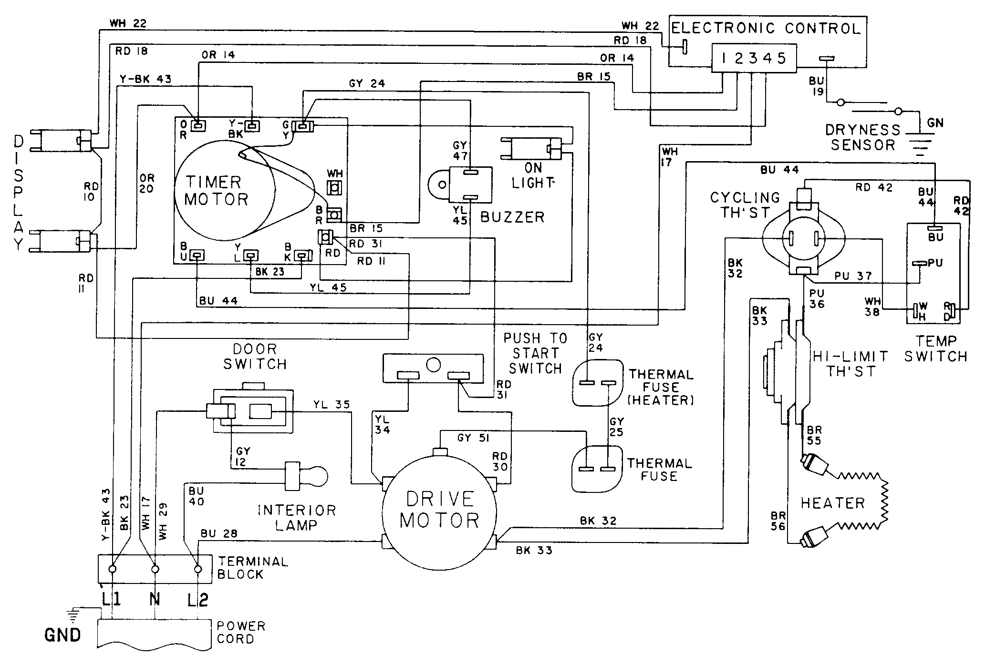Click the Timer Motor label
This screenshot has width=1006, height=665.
(216, 191)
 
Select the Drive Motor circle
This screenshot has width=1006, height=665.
(439, 510)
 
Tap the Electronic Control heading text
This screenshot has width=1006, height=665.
(766, 29)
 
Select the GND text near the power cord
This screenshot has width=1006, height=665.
(62, 635)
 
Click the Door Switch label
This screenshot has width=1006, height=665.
(255, 357)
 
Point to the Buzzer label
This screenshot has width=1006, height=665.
(512, 217)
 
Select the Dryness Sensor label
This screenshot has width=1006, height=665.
(862, 137)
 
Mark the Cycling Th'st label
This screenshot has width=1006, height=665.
(745, 205)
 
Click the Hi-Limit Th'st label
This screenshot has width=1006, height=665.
(850, 363)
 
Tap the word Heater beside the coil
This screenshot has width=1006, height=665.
(832, 503)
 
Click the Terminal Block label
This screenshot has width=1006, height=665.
(253, 568)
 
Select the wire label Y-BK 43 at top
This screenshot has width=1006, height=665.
(145, 79)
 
